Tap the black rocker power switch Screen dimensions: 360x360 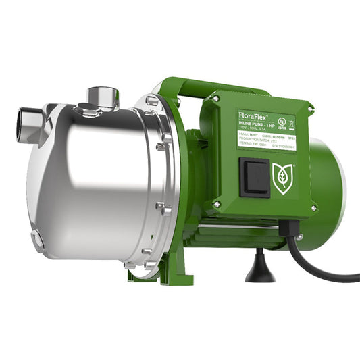click(255, 178)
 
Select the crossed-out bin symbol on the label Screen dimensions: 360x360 click(291, 124)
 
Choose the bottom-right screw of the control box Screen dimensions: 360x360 click(313, 209)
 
